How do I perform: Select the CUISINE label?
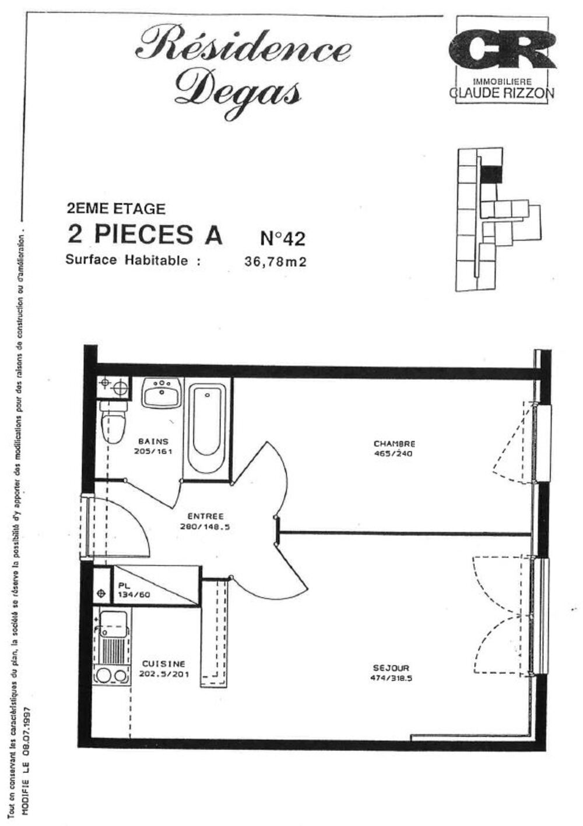pos(163,663)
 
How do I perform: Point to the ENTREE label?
pos(206,516)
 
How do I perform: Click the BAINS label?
pos(153,442)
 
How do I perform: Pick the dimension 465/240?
pos(393,454)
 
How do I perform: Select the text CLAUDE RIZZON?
pos(502,93)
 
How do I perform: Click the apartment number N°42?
pos(282,238)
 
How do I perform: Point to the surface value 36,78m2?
pos(275,262)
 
